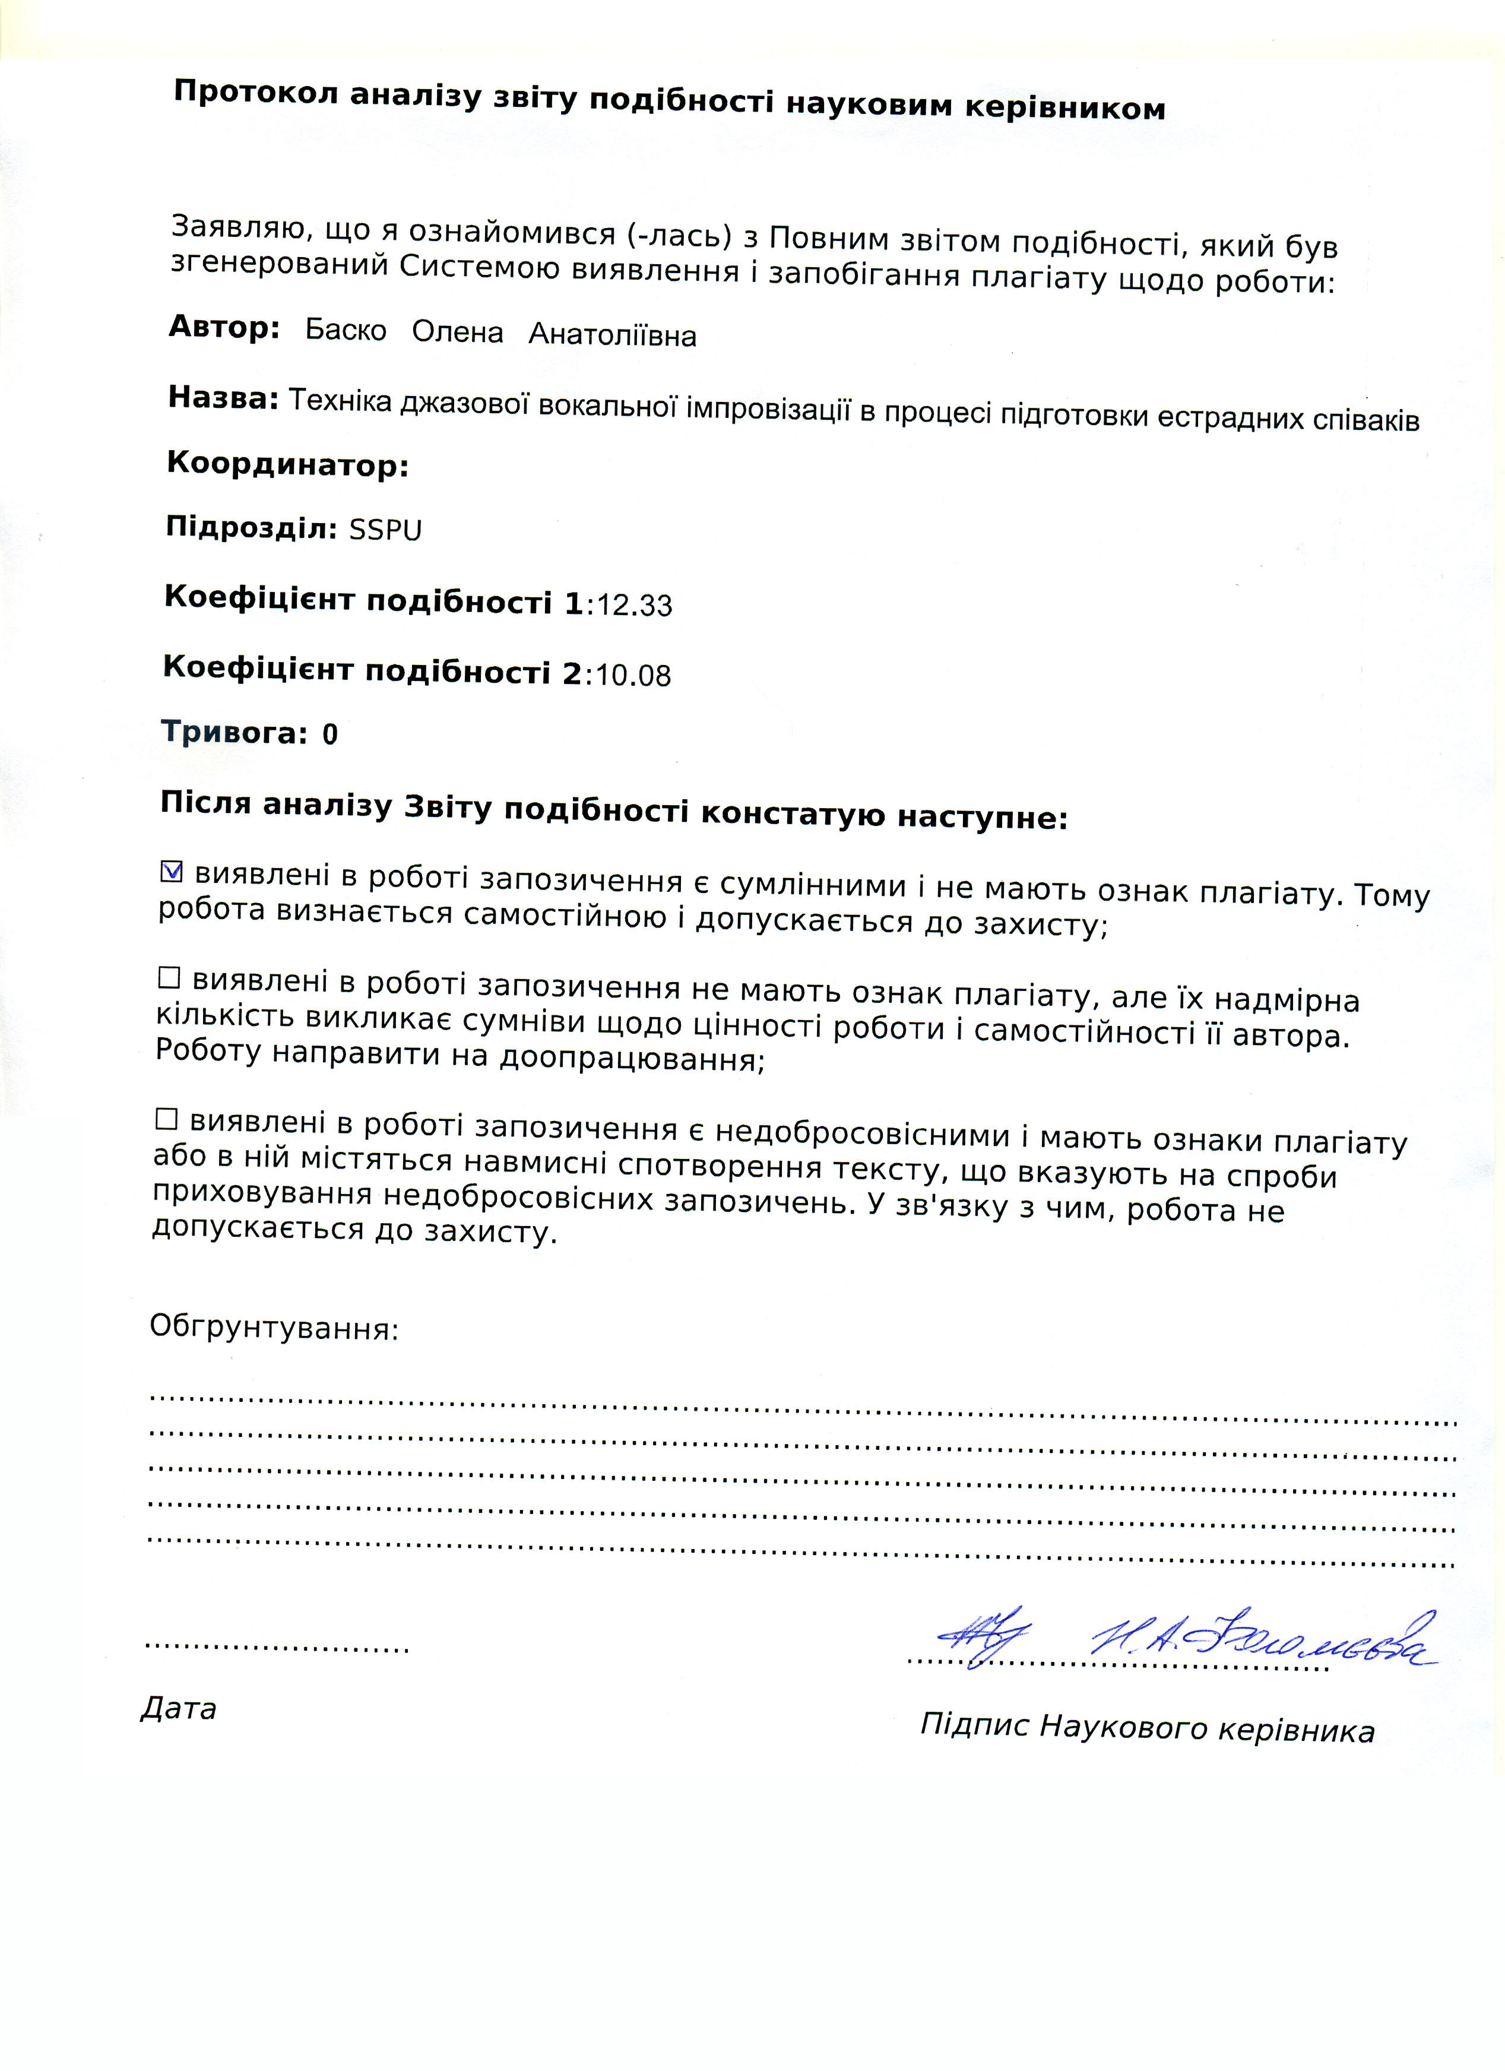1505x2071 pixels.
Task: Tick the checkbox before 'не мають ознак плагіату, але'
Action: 169,978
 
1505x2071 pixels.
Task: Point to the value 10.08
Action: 632,675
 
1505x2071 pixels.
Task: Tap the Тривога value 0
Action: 329,734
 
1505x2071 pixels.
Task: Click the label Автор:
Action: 224,327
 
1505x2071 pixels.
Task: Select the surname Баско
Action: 345,330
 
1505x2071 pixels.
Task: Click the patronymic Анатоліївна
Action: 612,335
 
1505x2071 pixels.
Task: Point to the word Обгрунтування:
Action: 274,1327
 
